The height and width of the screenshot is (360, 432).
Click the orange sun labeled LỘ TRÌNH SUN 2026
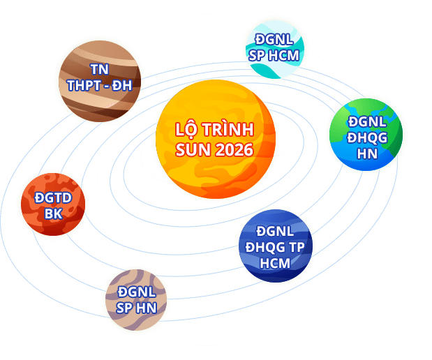[215, 140]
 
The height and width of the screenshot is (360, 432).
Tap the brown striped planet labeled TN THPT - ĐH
[99, 80]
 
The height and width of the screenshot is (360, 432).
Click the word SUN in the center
[191, 150]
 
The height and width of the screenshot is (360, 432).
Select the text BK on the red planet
[54, 214]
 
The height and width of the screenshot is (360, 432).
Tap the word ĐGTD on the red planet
[54, 198]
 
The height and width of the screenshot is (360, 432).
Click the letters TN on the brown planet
[99, 70]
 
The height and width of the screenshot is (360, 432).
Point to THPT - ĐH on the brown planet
[99, 87]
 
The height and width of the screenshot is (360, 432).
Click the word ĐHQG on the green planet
[367, 137]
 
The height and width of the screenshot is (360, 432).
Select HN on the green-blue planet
[367, 153]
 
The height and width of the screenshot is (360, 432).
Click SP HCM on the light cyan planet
[275, 54]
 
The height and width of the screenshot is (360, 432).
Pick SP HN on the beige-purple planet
[136, 308]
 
